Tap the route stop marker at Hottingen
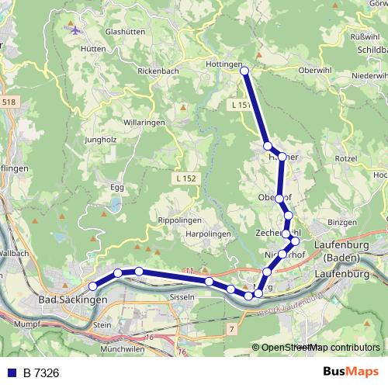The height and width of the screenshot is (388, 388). (x=244, y=71)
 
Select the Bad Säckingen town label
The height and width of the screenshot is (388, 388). (x=73, y=299)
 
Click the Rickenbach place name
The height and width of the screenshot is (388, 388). (x=158, y=72)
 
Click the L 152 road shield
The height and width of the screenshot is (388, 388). (x=185, y=178)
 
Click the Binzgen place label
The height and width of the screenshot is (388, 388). (x=341, y=222)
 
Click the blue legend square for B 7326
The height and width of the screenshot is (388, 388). (x=12, y=373)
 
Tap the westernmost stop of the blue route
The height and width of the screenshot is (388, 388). (x=93, y=286)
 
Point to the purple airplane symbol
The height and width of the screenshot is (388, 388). (x=74, y=31)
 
